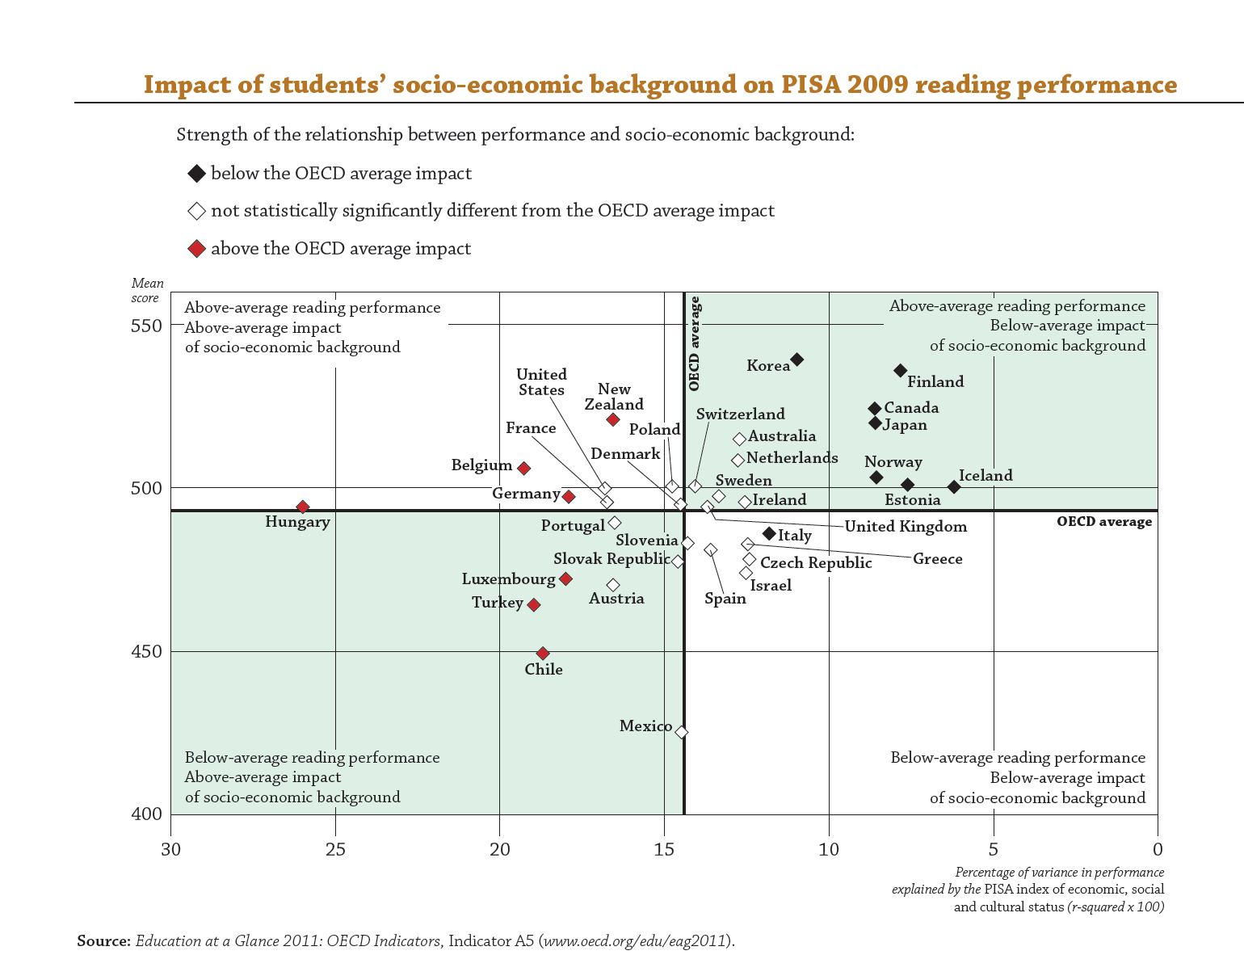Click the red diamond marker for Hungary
[x=303, y=507]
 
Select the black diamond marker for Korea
[x=796, y=359]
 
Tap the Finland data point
[x=901, y=370]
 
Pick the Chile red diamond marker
[x=543, y=653]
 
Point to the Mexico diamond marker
[x=681, y=731]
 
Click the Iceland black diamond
[x=954, y=486]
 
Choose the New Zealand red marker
[x=613, y=419]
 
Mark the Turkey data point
[x=533, y=604]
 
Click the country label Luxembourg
[x=508, y=579]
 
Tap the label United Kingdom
[x=906, y=527]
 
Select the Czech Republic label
[x=816, y=563]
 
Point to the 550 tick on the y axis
[x=146, y=326]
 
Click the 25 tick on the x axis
[x=335, y=849]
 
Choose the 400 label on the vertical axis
[x=146, y=814]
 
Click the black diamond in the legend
[x=196, y=173]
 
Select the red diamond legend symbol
[x=196, y=248]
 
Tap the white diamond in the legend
[x=196, y=211]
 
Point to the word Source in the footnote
[x=103, y=941]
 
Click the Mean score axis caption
[x=147, y=291]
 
